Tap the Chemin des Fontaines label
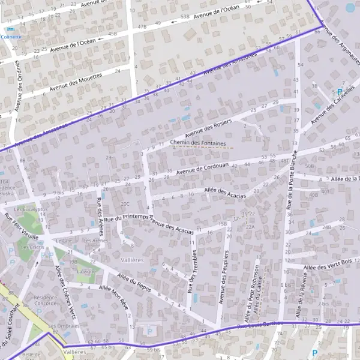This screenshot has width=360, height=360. [x=198, y=143]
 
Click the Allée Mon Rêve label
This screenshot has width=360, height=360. [x=113, y=296]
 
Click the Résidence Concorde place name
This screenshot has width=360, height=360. [x=46, y=300]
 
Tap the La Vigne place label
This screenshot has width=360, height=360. [x=86, y=271]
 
